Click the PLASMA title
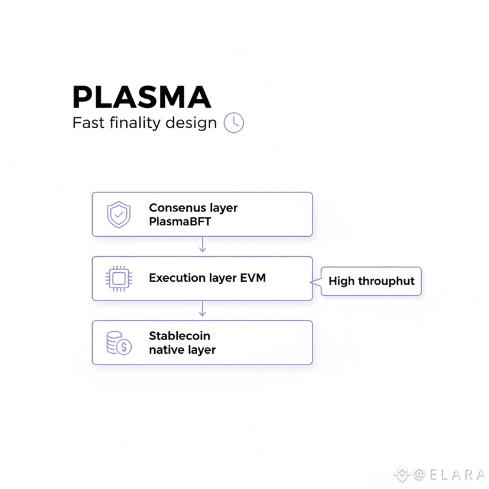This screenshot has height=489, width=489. tap(141, 97)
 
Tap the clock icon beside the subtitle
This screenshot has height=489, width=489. tap(234, 122)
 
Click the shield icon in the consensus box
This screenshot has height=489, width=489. tap(119, 215)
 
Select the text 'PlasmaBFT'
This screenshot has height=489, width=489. tap(180, 222)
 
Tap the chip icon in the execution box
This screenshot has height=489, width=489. tap(119, 278)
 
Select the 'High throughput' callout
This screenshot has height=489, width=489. tap(371, 281)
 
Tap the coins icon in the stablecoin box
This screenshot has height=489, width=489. tap(119, 343)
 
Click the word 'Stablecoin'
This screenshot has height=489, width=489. tap(180, 336)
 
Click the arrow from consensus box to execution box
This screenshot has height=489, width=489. tap(203, 246)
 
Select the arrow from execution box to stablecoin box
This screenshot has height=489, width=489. tap(203, 309)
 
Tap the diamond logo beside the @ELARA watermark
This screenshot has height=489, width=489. tap(402, 474)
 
